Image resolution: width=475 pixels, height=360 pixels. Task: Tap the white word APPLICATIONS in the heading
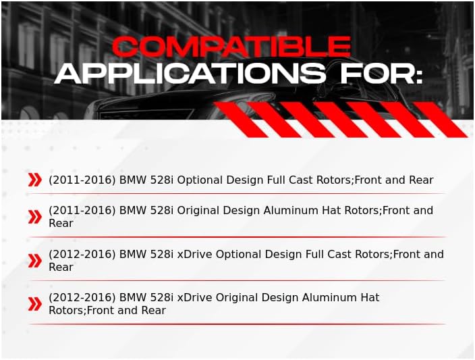190,74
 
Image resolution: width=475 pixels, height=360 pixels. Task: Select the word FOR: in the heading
381,74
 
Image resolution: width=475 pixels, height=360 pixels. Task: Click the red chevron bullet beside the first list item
35,180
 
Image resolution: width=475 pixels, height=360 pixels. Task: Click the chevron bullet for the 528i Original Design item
35,217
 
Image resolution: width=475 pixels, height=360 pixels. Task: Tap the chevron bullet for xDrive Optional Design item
35,261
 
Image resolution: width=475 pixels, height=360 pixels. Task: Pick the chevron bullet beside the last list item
35,304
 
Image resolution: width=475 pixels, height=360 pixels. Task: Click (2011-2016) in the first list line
82,180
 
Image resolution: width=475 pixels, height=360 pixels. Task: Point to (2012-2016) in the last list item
82,297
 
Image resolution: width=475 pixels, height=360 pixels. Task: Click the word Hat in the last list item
370,297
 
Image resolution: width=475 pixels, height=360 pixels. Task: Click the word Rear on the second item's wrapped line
61,223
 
